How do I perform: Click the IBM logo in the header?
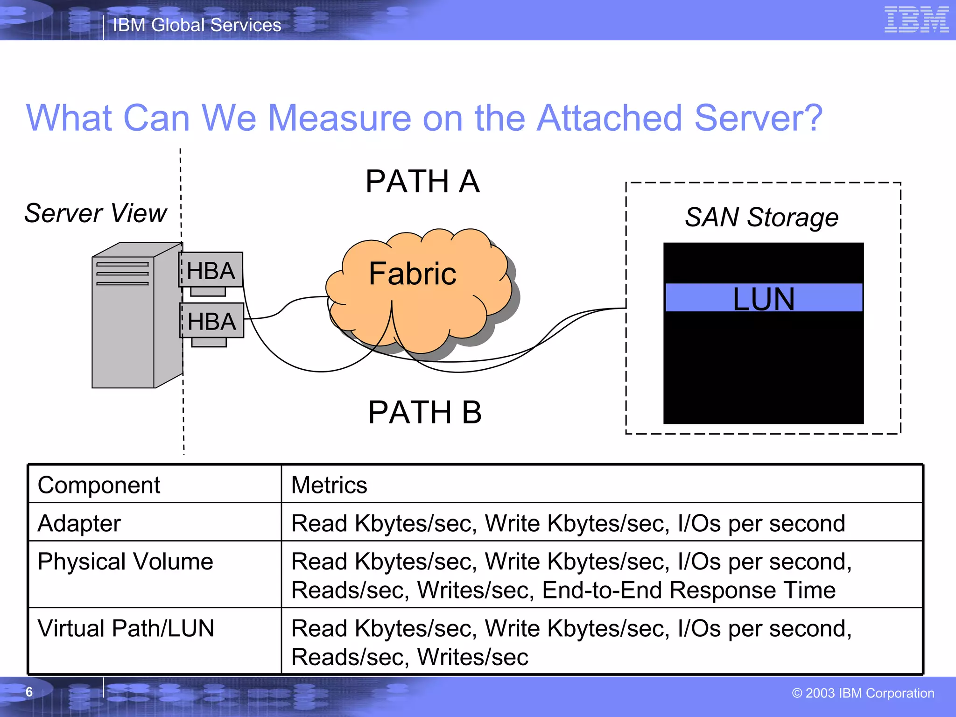tap(916, 20)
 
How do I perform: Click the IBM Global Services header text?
tap(197, 25)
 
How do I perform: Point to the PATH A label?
tap(422, 182)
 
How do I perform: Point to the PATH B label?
tap(424, 412)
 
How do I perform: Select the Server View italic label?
tap(96, 213)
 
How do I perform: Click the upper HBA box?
tap(211, 270)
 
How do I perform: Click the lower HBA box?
tap(212, 321)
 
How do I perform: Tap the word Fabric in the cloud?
tap(412, 274)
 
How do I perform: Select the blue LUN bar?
tap(763, 298)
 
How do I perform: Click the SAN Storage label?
tap(761, 218)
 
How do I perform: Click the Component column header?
tap(99, 485)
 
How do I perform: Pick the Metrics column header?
tap(329, 485)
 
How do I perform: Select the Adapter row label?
tap(79, 523)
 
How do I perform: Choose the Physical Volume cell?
tap(125, 562)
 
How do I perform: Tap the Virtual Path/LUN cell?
tap(126, 628)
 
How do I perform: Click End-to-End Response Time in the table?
tap(689, 590)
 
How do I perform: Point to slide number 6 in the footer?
tap(29, 692)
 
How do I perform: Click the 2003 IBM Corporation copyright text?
tap(863, 693)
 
